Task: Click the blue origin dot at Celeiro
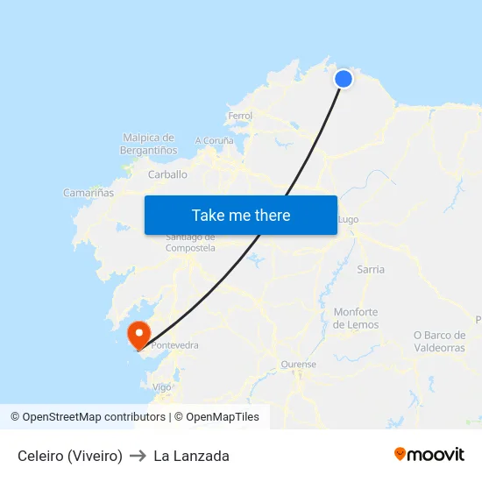344,79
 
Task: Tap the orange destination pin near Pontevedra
138,335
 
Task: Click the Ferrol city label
239,116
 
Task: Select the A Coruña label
215,140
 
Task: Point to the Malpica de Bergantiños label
148,144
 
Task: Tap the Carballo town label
167,174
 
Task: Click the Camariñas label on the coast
89,193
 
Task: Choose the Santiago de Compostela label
190,243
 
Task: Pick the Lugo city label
348,219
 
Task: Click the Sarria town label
371,269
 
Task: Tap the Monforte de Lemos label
356,318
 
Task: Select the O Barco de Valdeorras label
439,341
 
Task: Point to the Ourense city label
298,365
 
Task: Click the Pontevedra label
175,345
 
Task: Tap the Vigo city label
162,386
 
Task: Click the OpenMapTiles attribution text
216,417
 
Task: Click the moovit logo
429,455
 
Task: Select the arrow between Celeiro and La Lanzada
138,456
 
